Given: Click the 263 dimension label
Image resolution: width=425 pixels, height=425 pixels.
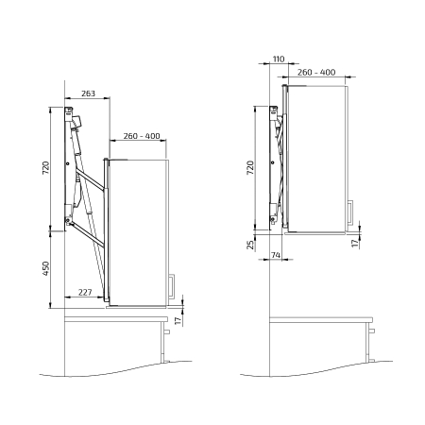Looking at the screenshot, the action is click(x=88, y=93).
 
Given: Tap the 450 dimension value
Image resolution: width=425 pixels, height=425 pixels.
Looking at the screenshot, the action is click(x=46, y=268).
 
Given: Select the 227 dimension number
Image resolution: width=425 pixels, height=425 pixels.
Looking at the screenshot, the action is click(x=85, y=293).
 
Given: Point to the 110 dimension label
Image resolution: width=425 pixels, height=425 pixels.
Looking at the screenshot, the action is click(x=279, y=59).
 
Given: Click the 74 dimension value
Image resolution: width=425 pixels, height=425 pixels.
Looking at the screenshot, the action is click(x=276, y=255).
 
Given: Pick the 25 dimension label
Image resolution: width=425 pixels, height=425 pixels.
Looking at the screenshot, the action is click(x=250, y=245).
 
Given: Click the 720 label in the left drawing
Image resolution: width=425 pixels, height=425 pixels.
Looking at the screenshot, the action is click(x=46, y=168).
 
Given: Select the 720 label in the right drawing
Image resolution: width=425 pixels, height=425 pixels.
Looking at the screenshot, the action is click(x=250, y=168).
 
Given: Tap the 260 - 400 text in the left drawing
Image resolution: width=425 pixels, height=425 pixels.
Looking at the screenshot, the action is click(x=142, y=136).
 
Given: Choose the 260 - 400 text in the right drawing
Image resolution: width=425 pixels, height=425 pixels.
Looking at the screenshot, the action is click(x=316, y=72).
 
